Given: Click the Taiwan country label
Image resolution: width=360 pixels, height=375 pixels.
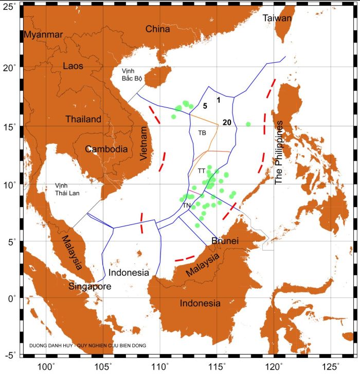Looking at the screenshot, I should pos(277,18).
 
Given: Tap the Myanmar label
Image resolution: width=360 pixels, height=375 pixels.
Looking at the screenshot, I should pos(43,34).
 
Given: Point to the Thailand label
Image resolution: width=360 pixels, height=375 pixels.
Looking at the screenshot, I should pos(83,119).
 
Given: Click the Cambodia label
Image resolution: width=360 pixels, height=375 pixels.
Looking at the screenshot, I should pos(106,149).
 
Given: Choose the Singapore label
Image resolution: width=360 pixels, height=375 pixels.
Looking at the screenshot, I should pos(90,287).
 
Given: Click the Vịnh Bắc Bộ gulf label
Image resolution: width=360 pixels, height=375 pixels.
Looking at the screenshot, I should pos(132,74).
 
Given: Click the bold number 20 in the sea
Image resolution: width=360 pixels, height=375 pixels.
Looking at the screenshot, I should pos(227,122).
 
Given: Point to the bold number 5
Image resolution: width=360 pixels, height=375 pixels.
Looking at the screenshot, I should pos(205,106).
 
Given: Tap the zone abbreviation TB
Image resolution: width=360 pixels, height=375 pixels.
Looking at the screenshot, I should pos(202,133).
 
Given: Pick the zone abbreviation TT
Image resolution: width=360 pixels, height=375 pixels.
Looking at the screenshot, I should pos(202,170).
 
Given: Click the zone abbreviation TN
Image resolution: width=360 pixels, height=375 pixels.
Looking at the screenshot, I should pos(187,205).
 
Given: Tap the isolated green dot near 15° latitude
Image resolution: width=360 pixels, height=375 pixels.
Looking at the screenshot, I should pos(248,124).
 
